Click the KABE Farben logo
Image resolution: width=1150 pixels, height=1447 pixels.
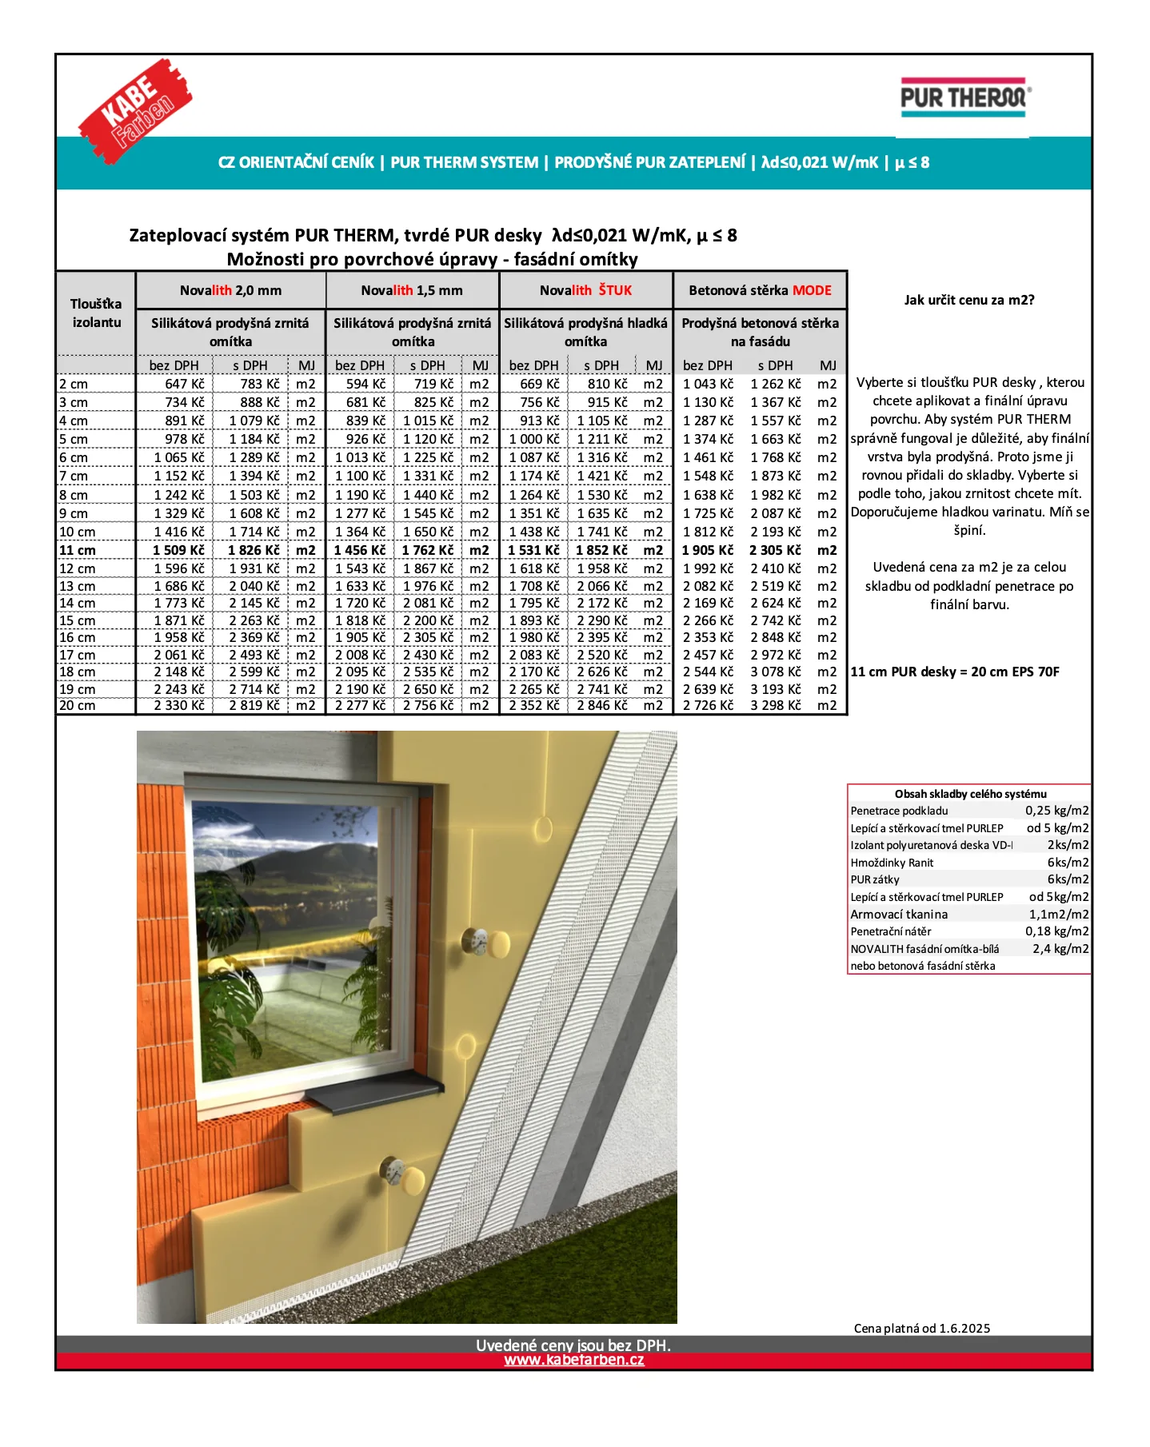click(x=135, y=110)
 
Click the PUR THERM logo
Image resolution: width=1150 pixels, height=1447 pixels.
click(x=964, y=98)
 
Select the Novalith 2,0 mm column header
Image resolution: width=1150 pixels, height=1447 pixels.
click(x=230, y=290)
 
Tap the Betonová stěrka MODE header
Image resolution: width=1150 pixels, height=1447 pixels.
click(x=760, y=290)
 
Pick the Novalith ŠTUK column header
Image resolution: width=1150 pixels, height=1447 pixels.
click(x=585, y=290)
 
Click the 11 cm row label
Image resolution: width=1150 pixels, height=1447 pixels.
click(x=78, y=550)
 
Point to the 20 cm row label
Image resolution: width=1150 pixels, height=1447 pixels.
click(x=78, y=705)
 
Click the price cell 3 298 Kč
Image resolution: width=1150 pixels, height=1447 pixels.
click(x=775, y=705)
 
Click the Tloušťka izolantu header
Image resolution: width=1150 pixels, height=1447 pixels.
click(x=96, y=313)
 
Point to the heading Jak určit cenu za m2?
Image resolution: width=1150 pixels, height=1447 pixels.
click(x=969, y=300)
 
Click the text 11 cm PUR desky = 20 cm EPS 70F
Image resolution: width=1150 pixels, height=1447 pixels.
click(x=955, y=672)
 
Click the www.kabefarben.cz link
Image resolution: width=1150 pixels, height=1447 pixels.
click(x=573, y=1360)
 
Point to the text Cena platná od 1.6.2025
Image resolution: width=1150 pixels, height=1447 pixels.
click(x=921, y=1328)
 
